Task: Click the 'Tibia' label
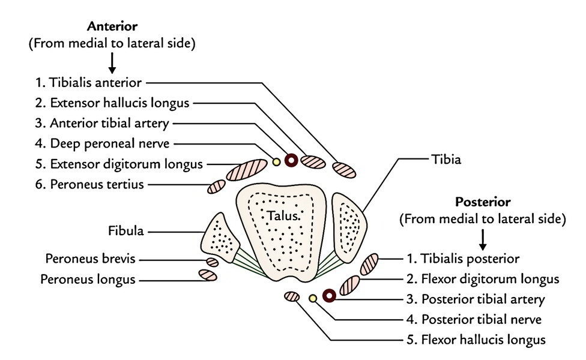[x=446, y=160]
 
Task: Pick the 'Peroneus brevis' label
[x=90, y=259]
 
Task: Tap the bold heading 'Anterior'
[x=112, y=26]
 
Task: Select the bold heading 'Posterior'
[x=482, y=202]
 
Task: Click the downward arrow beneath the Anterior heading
[x=112, y=64]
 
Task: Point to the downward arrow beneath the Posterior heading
[x=482, y=240]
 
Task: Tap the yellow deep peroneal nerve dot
[x=276, y=161]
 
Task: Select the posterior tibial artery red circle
[x=328, y=295]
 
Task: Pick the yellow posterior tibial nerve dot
[x=312, y=298]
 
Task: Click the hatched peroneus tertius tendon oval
[x=216, y=187]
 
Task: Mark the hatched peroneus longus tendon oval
[x=207, y=275]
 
